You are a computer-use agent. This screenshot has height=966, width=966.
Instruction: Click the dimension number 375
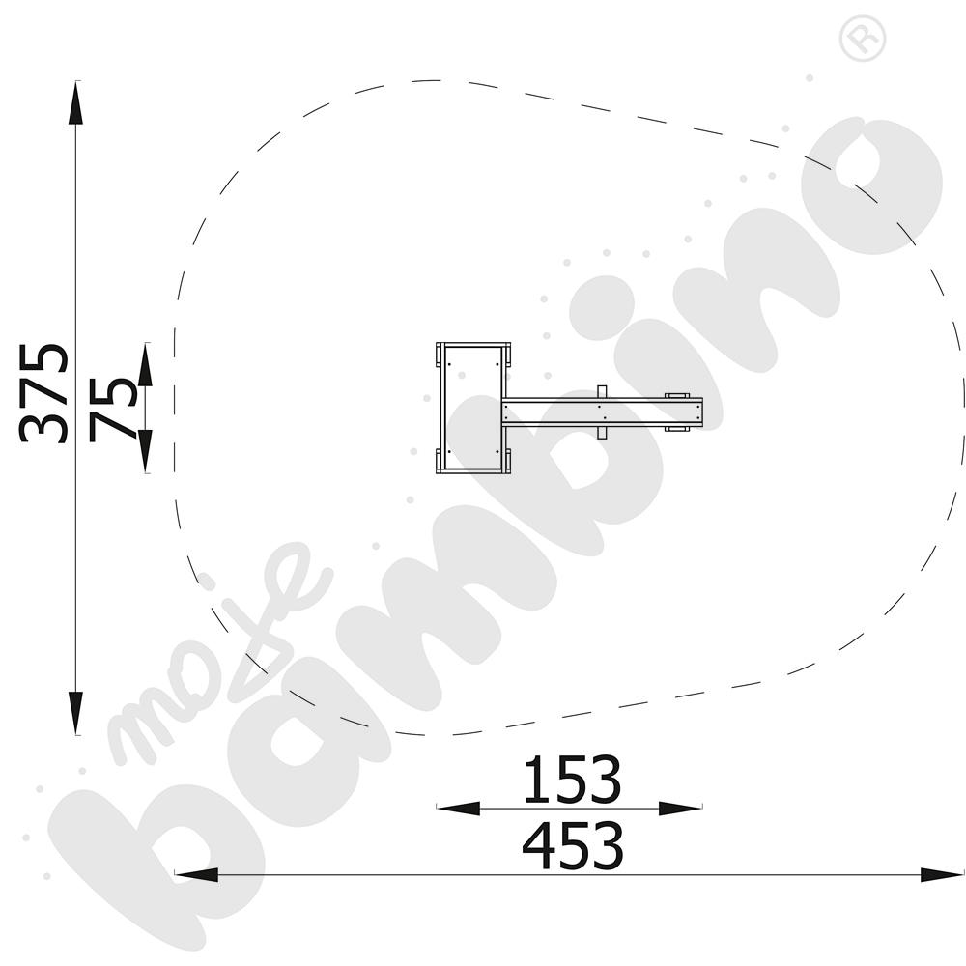point(43,393)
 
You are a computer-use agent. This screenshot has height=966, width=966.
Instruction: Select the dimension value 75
point(112,409)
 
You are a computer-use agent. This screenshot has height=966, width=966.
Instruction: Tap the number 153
point(572,781)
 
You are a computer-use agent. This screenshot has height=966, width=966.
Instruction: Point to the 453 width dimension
point(573,846)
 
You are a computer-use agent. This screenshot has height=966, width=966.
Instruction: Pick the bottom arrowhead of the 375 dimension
point(75,713)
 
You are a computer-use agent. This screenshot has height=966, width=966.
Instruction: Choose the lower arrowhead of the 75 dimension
point(145,451)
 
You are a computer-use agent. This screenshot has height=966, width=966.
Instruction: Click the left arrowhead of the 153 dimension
point(458,809)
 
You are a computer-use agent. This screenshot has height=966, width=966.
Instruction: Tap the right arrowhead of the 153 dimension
point(681,809)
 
